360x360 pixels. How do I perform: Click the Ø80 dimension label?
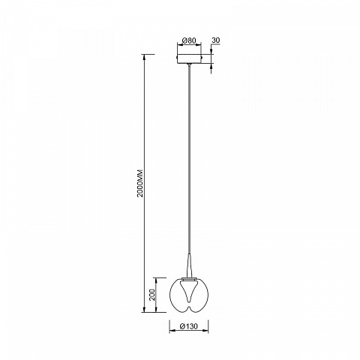(x=189, y=40)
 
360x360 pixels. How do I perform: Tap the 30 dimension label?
(x=216, y=40)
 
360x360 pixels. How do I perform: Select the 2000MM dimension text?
(x=140, y=184)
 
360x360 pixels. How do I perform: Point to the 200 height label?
(x=152, y=295)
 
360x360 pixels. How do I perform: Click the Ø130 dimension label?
(x=189, y=326)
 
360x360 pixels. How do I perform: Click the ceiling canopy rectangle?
(x=189, y=58)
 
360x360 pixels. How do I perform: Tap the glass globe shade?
(x=189, y=295)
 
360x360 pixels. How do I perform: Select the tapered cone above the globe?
(x=190, y=265)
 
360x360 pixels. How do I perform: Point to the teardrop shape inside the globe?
(x=189, y=291)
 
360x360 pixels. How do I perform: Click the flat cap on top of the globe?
(x=189, y=278)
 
